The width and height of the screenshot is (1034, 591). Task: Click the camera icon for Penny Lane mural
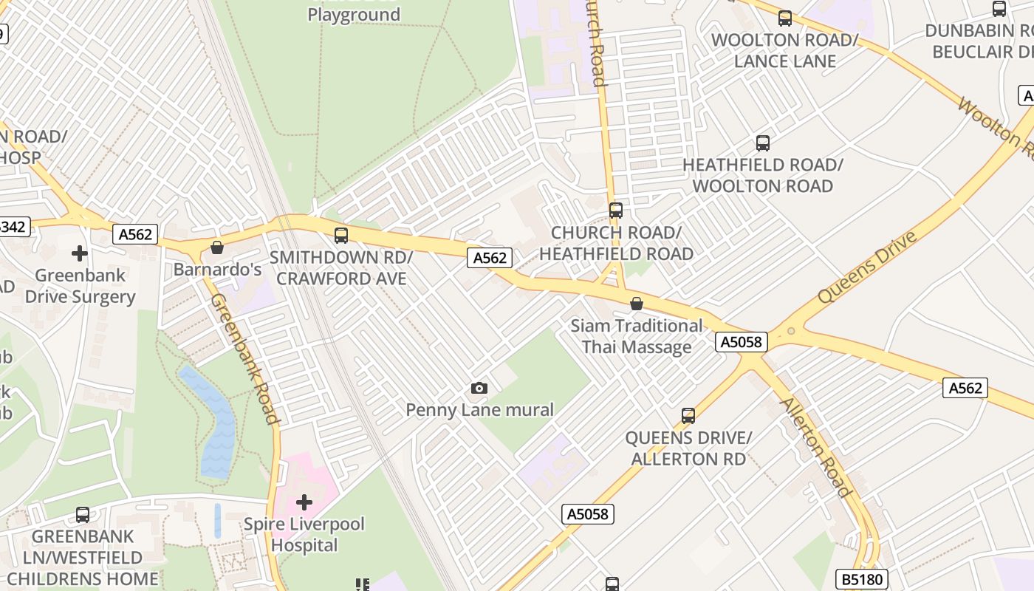pos(479,388)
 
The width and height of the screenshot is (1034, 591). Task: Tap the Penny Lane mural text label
pos(479,410)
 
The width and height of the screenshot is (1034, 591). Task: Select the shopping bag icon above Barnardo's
pos(217,247)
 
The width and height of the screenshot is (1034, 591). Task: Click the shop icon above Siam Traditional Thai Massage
pos(636,304)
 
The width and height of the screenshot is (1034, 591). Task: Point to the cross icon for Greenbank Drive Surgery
pos(80,253)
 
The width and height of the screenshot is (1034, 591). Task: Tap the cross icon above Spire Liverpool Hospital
pos(304,503)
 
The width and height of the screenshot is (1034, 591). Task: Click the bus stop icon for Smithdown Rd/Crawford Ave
pos(340,236)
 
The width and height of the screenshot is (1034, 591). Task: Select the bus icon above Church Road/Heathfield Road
pos(615,211)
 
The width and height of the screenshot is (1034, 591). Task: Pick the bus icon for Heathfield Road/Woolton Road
pos(762,143)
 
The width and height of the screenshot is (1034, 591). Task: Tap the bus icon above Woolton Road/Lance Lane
pos(784,18)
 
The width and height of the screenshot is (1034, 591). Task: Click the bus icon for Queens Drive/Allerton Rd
pos(688,416)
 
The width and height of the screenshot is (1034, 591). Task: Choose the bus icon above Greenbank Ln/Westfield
pos(83,515)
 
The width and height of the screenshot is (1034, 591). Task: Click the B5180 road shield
pos(861,578)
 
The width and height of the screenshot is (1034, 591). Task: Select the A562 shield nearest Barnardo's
pos(136,234)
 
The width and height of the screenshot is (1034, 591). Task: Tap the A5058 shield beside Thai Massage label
pos(742,341)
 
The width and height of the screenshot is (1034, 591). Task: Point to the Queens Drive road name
pos(867,267)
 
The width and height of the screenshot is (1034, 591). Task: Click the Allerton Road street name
pos(815,447)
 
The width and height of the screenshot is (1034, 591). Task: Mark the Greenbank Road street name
pos(244,358)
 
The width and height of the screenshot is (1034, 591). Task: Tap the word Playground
pos(354,15)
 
